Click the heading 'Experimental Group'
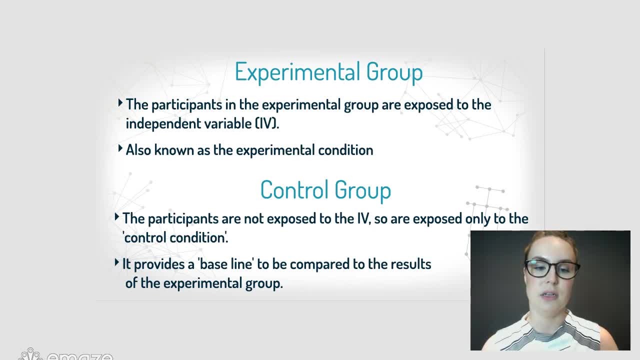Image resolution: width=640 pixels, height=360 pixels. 328,72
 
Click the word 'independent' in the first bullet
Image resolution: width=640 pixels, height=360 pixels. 163,123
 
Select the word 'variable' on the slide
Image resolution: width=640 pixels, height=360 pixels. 228,123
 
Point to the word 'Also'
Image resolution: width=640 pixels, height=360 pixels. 138,150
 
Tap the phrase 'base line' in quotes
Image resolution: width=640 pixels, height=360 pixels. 225,264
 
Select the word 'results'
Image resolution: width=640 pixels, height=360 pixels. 411,264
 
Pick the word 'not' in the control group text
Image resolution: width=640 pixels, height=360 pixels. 253,219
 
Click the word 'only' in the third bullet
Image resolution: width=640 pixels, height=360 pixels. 478,219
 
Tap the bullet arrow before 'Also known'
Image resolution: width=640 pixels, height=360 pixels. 120,148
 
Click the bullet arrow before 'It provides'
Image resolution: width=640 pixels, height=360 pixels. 116,262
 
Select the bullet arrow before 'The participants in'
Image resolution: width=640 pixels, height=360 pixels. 120,103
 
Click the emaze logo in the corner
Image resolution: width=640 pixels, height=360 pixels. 65,354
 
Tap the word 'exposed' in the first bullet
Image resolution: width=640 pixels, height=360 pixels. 428,105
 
